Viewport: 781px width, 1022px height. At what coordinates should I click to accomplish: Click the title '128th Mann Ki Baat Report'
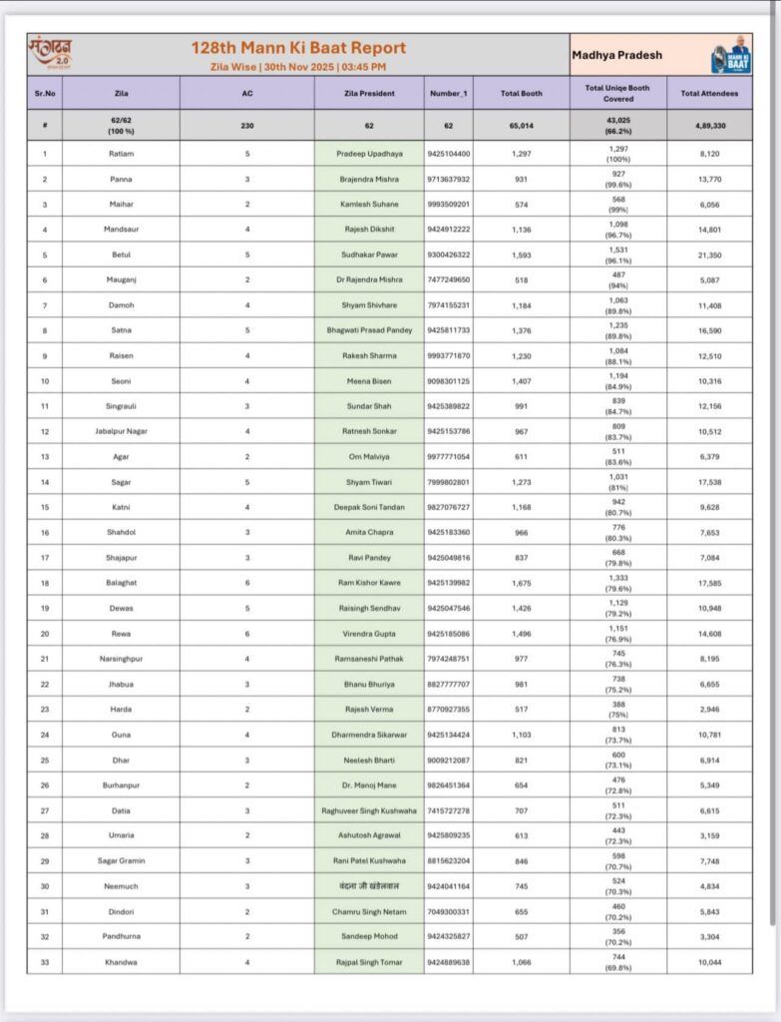click(298, 47)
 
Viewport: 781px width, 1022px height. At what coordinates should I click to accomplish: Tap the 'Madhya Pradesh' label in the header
click(616, 56)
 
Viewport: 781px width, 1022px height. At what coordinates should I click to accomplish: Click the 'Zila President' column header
click(369, 93)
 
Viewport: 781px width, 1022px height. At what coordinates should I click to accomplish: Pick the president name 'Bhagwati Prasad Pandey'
click(369, 329)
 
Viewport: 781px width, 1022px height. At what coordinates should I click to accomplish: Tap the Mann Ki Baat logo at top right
click(731, 56)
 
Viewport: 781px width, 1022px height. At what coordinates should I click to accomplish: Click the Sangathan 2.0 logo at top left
click(52, 52)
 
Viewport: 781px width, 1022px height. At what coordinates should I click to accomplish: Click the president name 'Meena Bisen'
click(369, 380)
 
